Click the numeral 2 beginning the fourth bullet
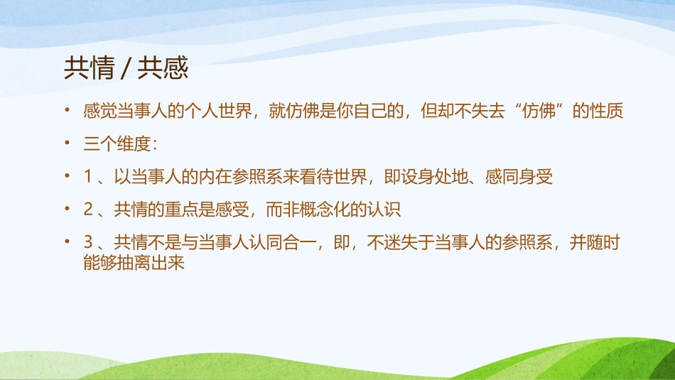88,210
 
